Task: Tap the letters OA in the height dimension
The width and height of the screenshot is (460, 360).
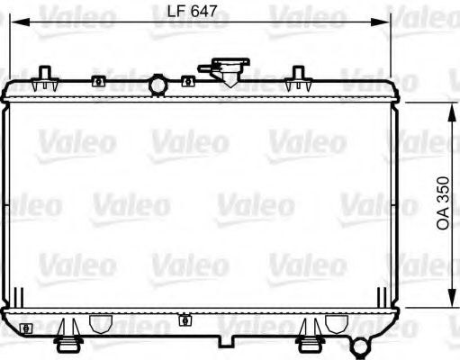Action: (x=444, y=220)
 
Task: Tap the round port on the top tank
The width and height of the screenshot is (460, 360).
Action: (x=158, y=85)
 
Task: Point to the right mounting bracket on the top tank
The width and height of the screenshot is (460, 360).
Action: (x=294, y=84)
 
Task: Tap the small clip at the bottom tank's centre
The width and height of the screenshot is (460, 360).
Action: (x=185, y=320)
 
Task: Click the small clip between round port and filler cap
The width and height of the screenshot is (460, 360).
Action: (x=187, y=81)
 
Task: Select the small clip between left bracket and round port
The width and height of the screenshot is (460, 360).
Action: (x=98, y=81)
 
